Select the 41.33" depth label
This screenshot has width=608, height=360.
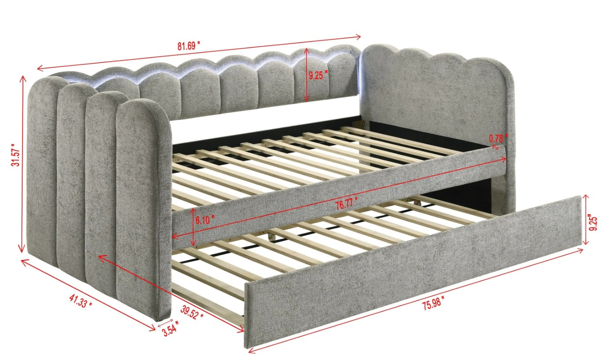point(81,301)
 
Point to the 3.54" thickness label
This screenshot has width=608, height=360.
point(171,329)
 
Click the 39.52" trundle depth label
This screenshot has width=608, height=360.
point(192,312)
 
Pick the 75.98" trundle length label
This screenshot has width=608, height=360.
point(433,303)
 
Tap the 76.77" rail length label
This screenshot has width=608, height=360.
point(346,203)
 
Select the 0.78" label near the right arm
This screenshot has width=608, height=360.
point(498,138)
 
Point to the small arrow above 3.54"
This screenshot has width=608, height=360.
point(165,323)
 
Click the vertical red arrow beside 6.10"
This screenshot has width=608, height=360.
point(193,227)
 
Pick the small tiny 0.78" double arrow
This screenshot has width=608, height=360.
point(496,147)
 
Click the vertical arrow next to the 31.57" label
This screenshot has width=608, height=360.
point(22,164)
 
